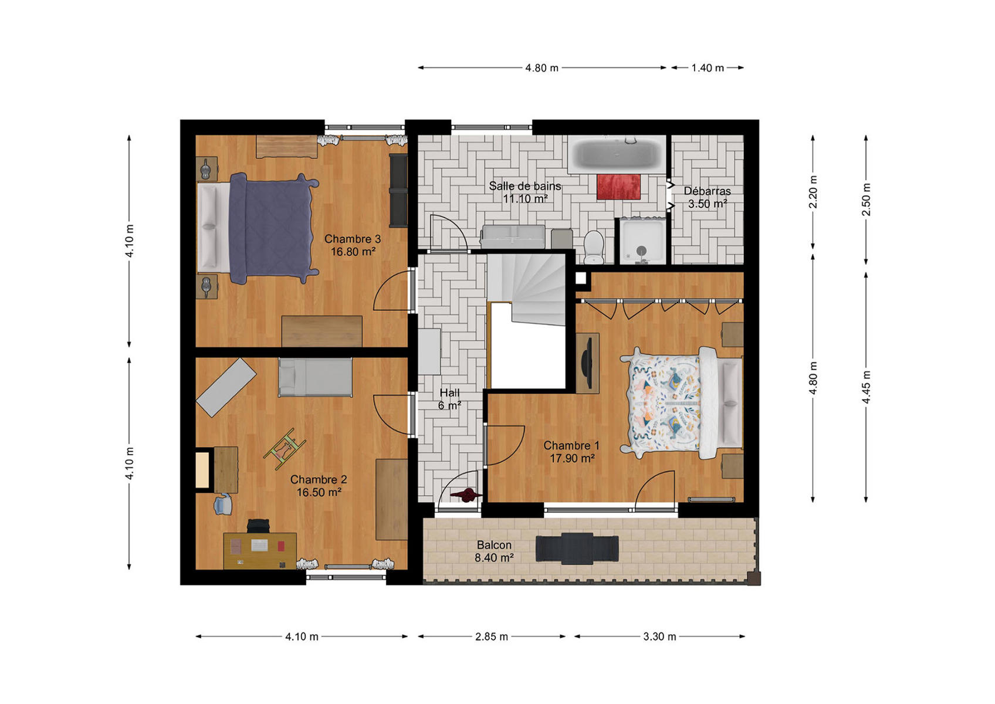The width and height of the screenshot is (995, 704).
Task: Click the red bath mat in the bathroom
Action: (618, 187)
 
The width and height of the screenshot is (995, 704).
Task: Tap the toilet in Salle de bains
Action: (594, 248)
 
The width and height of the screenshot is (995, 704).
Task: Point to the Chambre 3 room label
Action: (353, 245)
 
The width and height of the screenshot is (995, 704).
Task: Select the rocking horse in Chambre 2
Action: (285, 449)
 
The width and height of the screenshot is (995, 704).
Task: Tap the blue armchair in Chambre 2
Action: (223, 504)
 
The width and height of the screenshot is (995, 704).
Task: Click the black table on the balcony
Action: (577, 549)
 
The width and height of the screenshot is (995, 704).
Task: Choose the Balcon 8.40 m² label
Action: (494, 551)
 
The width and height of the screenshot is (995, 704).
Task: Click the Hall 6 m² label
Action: (449, 399)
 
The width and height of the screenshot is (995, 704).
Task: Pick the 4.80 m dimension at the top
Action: (542, 68)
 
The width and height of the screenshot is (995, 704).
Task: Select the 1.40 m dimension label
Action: (708, 68)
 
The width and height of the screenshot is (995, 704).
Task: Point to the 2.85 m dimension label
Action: (492, 637)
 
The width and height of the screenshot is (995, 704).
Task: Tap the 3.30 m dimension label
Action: (659, 637)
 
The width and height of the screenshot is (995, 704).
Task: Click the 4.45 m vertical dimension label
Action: (866, 387)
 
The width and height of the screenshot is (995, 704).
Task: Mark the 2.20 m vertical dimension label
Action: (813, 192)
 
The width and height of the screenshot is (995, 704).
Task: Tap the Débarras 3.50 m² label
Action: (707, 198)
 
